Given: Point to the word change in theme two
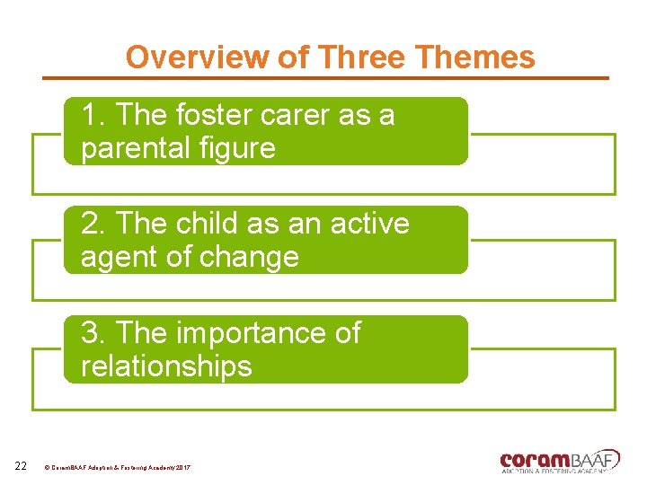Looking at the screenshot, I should click(x=253, y=258).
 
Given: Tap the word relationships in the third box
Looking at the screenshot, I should click(x=166, y=366).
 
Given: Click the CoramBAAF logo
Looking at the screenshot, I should click(x=559, y=460).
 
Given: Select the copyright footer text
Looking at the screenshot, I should click(x=117, y=468).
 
